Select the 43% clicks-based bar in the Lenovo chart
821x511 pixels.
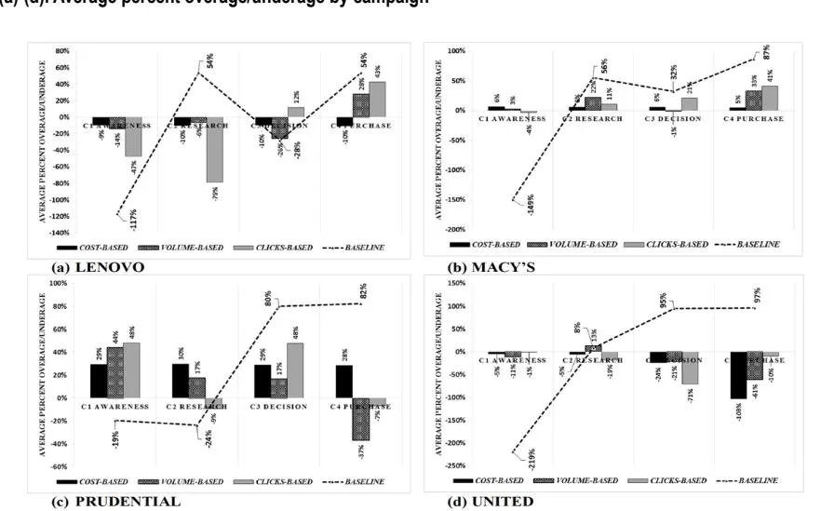[x=377, y=100]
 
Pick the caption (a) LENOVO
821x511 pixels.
[x=94, y=266]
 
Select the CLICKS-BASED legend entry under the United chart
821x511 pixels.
[x=662, y=479]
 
